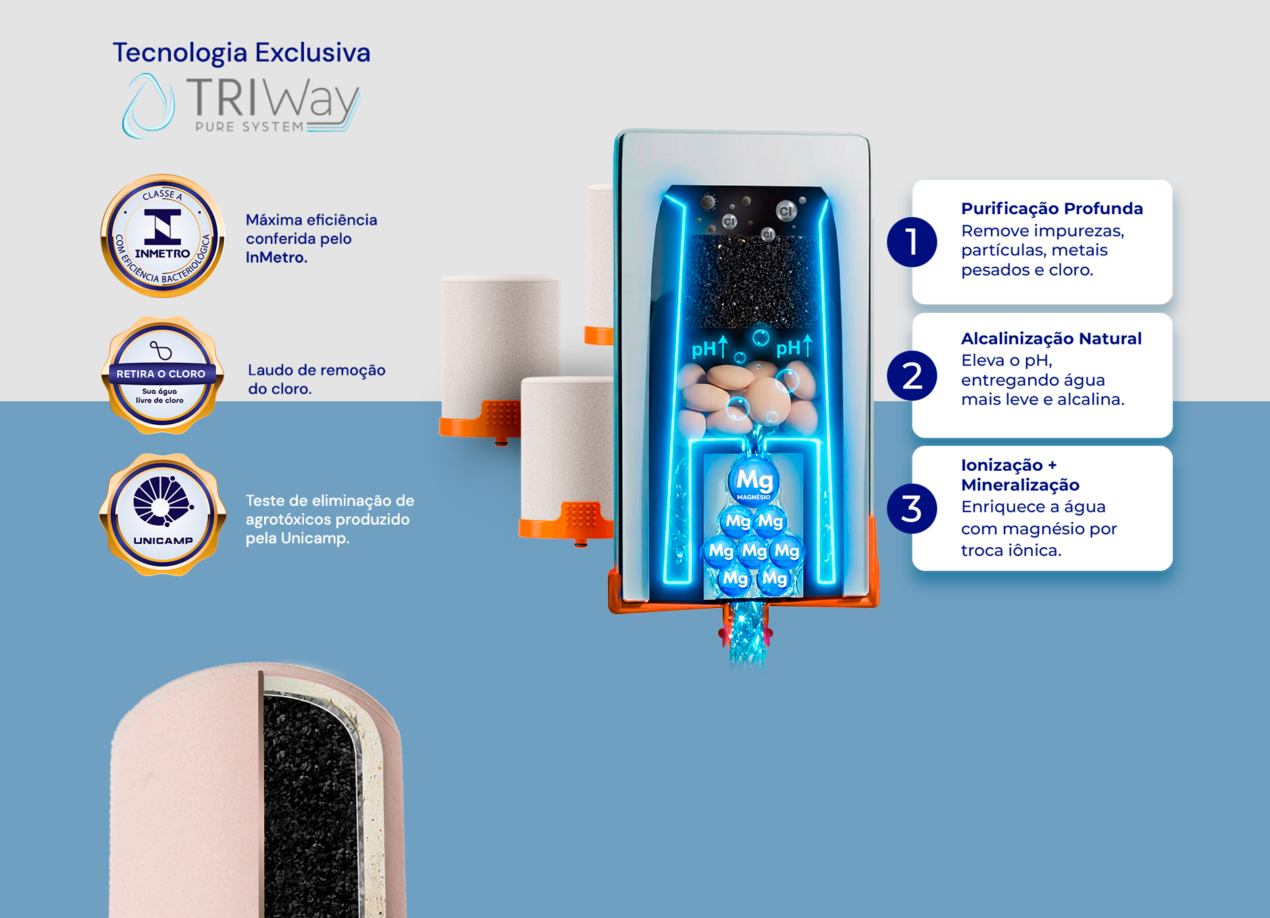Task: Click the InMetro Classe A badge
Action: point(163,236)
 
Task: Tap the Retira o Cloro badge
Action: point(161,376)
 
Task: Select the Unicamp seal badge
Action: point(163,515)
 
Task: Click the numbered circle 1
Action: point(912,242)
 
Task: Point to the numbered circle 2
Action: point(912,376)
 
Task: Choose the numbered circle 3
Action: point(912,509)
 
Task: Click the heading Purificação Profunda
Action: point(1052,209)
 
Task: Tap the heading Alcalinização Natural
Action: point(1051,338)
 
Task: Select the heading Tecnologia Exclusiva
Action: point(241,53)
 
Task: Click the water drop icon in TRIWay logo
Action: point(148,105)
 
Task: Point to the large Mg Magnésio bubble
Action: point(754,481)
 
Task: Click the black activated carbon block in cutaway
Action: point(752,281)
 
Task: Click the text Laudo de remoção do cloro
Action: point(316,379)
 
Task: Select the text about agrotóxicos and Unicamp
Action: point(330,519)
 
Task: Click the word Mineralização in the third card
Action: point(1020,485)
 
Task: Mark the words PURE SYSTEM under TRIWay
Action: point(249,127)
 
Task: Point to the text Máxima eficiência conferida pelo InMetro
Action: point(311,238)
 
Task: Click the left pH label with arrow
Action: point(709,347)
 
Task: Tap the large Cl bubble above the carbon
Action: point(786,211)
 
